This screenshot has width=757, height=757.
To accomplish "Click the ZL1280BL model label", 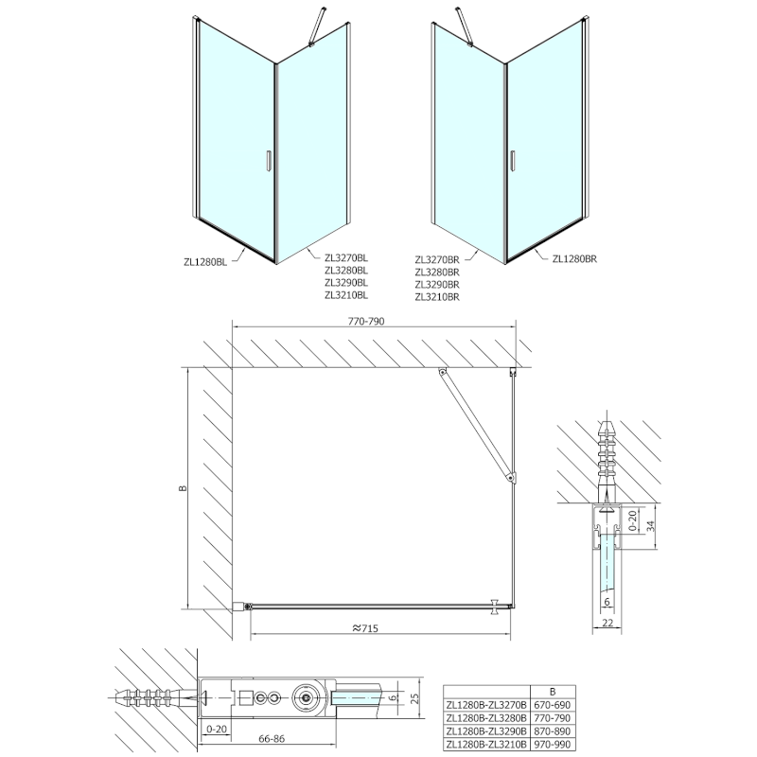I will [207, 262].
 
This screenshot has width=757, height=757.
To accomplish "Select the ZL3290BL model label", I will [345, 282].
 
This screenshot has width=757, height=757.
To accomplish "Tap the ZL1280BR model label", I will [574, 257].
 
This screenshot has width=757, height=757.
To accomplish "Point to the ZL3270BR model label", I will [436, 257].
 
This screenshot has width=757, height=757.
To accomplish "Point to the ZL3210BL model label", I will [345, 295].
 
